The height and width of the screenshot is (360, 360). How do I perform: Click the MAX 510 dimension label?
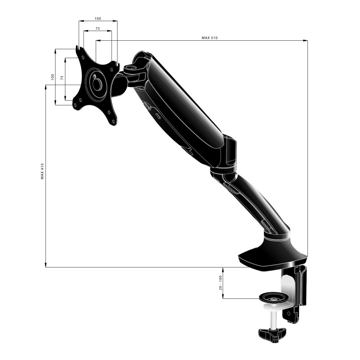[209, 38]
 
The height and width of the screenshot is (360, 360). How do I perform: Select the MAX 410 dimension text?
[42, 171]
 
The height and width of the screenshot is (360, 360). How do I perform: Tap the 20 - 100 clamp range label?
[220, 283]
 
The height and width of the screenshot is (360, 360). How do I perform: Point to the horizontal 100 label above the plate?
[98, 19]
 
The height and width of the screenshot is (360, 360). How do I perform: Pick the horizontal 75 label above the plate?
[97, 29]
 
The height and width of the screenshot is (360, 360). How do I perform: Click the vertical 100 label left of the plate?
[52, 77]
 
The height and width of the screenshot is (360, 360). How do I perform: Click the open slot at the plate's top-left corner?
[78, 48]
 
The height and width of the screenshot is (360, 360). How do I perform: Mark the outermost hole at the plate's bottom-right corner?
[114, 122]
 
